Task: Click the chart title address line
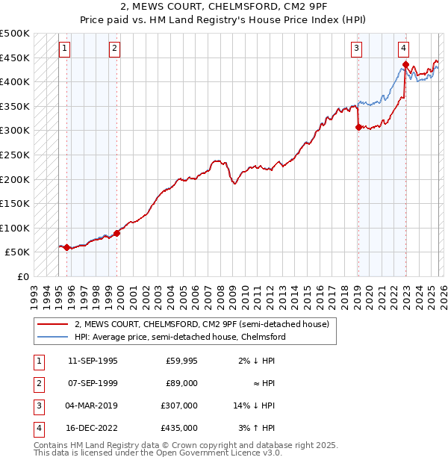pos(223,7)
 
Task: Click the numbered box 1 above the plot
pos(65,49)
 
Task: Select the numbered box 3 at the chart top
pos(357,49)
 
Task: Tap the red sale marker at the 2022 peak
pos(405,65)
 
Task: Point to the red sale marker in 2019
pos(358,127)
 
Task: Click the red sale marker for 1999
pos(116,233)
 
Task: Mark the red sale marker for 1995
pos(67,247)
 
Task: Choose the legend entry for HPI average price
pos(180,337)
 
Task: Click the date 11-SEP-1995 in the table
pos(93,361)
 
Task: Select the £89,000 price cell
pos(181,383)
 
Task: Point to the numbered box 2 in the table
pos(37,383)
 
